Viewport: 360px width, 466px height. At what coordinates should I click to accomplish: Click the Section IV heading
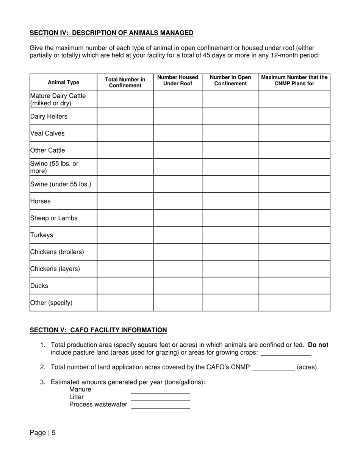(x=111, y=33)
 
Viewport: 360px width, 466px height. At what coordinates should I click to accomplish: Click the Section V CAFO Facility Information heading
(x=98, y=330)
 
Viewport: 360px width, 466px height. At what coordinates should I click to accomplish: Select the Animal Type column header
(x=63, y=83)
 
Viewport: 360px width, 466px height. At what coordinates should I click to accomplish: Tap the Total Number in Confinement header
(x=125, y=83)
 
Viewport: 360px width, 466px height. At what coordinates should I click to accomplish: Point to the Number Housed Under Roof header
(x=177, y=80)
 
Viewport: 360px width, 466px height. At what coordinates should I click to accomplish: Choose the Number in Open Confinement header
(x=230, y=80)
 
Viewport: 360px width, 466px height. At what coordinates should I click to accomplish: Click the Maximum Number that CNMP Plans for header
(x=294, y=80)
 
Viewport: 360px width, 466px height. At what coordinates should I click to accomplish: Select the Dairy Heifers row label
(x=49, y=116)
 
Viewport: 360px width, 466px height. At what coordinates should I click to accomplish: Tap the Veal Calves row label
(x=47, y=133)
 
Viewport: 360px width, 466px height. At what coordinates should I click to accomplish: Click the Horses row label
(x=40, y=201)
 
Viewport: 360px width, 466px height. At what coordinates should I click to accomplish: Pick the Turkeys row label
(x=42, y=235)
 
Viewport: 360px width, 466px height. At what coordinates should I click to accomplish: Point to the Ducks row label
(x=39, y=286)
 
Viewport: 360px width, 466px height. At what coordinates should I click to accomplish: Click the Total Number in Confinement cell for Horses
(x=125, y=201)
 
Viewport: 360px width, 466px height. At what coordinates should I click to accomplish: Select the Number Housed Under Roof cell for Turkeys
(x=177, y=235)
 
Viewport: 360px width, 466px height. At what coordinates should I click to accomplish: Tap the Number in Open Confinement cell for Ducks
(x=230, y=286)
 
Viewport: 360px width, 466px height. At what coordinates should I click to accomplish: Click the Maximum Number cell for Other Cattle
(x=294, y=150)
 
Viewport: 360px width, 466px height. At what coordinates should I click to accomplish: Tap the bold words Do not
(x=318, y=345)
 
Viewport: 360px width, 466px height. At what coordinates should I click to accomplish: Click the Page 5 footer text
(x=43, y=433)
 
